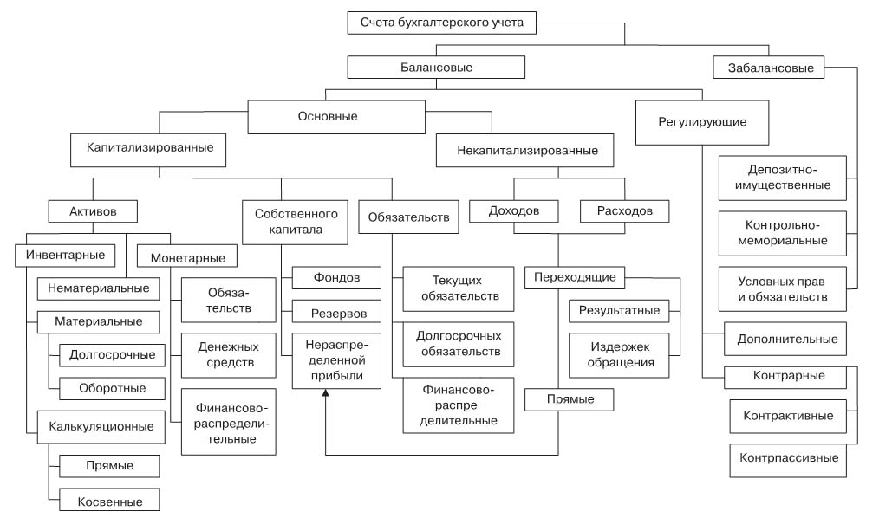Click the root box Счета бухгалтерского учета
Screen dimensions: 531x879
tap(442, 22)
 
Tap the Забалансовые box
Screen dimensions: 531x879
tap(767, 68)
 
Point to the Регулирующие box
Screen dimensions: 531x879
tap(703, 122)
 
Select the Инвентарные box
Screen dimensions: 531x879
tap(66, 255)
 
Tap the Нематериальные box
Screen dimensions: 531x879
tap(99, 288)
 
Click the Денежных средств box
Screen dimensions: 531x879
tap(230, 353)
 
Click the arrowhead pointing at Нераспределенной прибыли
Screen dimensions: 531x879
tap(325, 394)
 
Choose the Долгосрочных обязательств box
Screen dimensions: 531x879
tap(459, 343)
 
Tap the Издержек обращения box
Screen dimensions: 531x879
tap(619, 353)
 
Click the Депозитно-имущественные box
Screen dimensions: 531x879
tap(783, 177)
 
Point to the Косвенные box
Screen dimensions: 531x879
tap(110, 501)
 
